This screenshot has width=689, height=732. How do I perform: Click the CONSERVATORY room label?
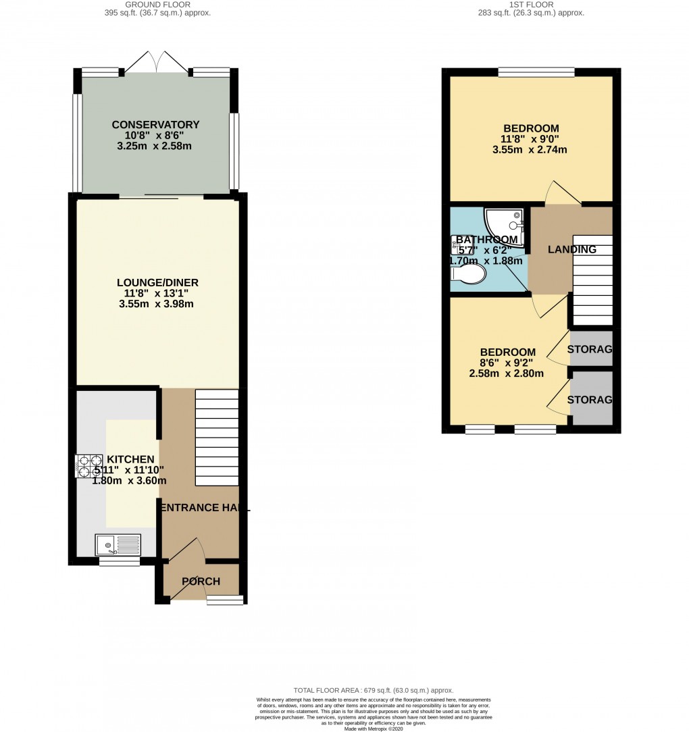155,125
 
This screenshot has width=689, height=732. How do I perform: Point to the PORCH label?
201,581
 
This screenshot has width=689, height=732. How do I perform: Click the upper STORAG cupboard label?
590,349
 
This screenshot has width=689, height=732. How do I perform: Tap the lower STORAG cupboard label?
590,400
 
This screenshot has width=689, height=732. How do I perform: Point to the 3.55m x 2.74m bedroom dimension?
530,150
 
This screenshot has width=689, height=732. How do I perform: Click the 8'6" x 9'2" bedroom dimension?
507,363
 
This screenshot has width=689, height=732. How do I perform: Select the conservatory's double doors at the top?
156,65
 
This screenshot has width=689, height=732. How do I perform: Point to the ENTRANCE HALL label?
203,508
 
